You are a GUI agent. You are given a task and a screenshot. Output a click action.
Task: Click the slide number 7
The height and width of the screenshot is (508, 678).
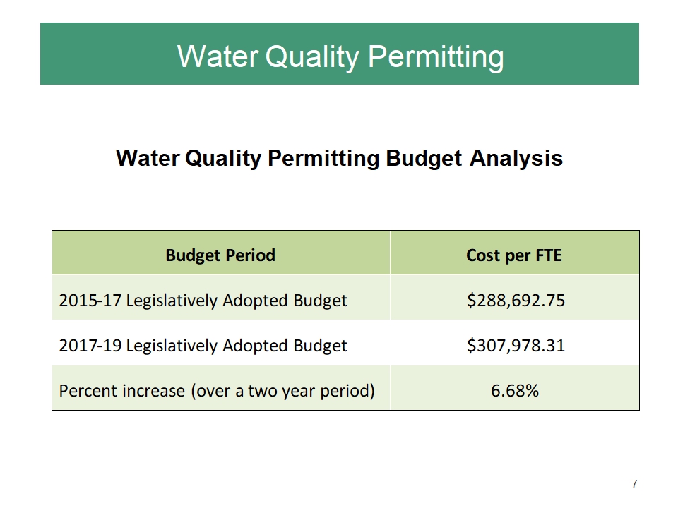click(x=634, y=484)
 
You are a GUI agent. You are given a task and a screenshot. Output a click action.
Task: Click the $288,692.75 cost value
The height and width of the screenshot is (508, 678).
click(x=515, y=301)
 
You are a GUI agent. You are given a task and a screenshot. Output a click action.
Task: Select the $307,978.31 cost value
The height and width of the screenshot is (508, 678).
click(x=515, y=345)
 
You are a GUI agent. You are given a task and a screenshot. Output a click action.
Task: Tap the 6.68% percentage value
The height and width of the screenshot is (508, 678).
click(x=515, y=390)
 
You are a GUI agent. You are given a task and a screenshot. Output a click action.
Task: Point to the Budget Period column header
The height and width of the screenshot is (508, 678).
click(x=220, y=255)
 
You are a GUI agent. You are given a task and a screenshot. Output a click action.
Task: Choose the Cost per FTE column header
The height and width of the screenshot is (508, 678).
click(x=514, y=255)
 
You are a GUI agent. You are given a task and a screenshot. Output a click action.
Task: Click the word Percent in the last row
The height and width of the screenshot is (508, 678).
click(x=85, y=390)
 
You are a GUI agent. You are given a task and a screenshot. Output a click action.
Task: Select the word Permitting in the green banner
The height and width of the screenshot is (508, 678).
click(x=437, y=56)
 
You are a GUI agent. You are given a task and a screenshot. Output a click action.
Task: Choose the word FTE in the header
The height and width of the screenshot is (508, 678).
click(x=547, y=255)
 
